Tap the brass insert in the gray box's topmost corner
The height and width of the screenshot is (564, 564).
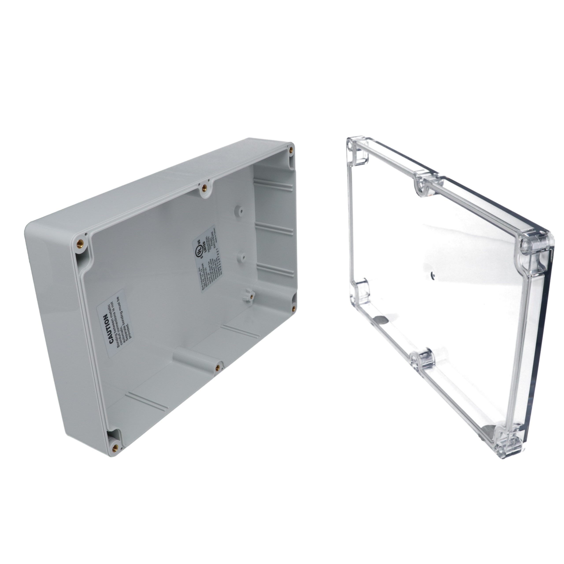pos(291,150)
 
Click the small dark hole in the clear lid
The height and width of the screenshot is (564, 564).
pos(432,275)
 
